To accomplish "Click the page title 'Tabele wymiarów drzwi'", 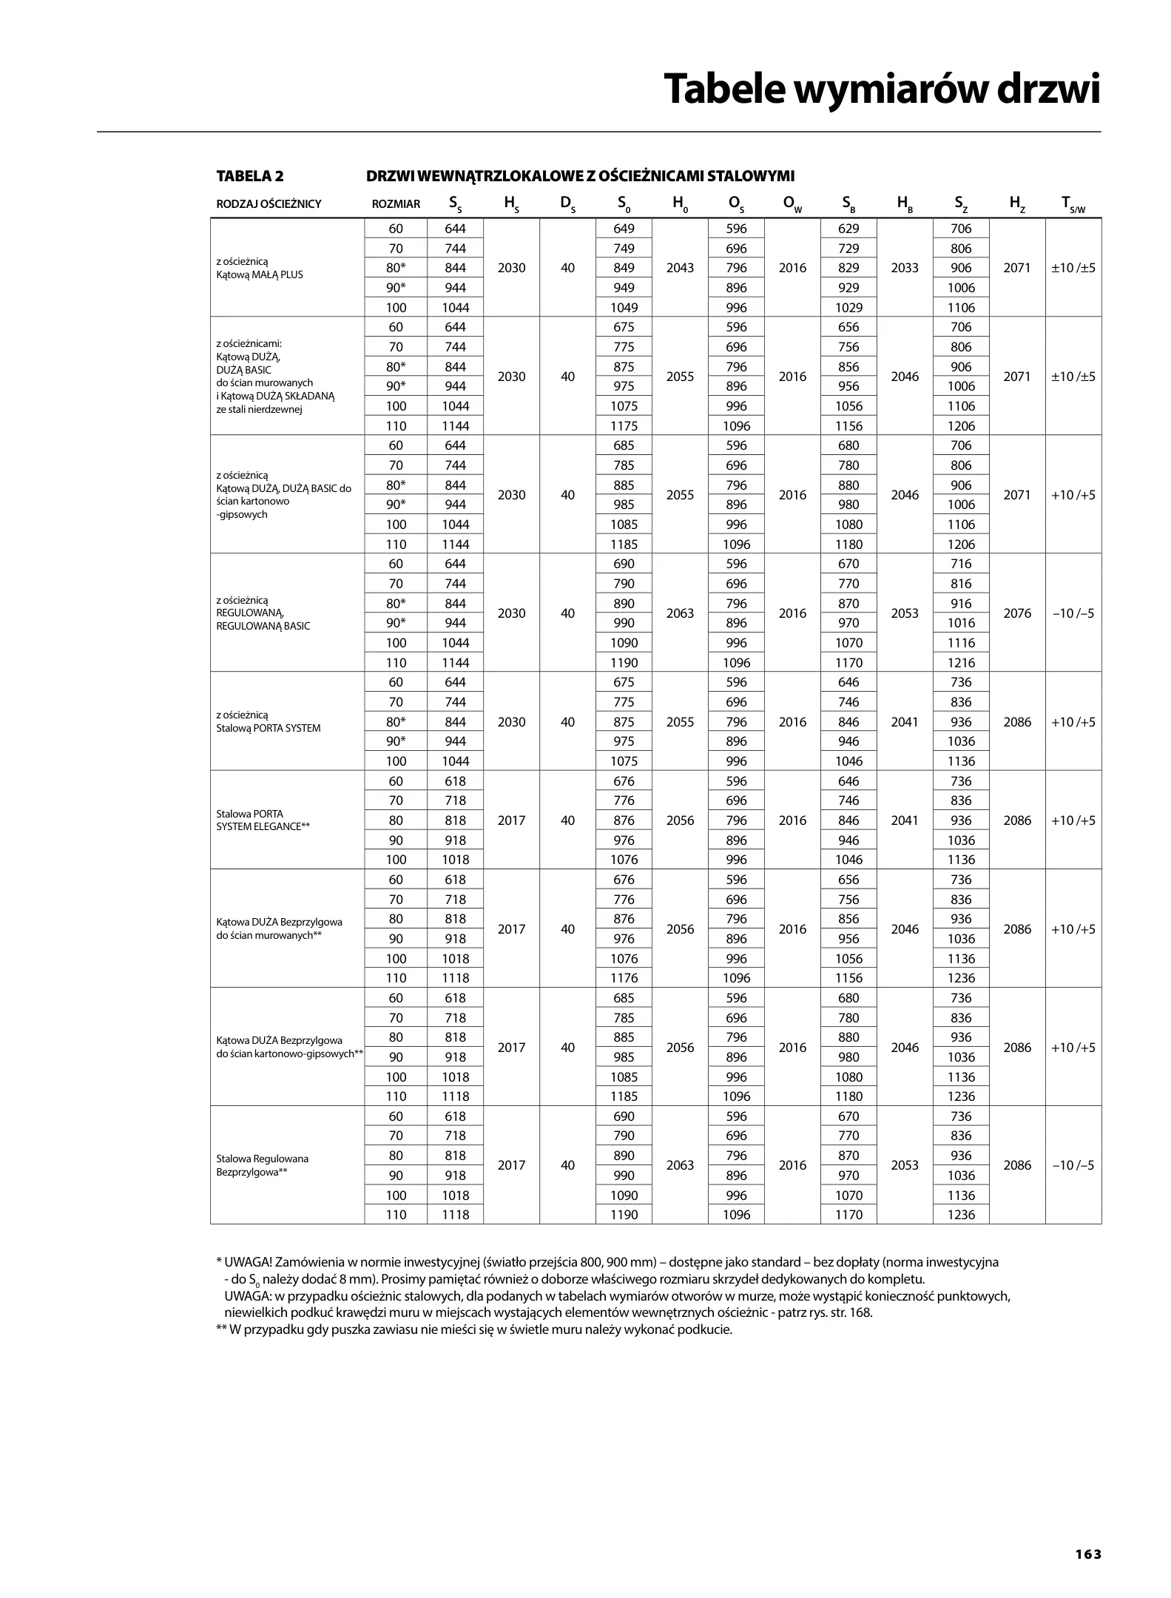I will pos(882,90).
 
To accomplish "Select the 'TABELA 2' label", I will pos(249,176).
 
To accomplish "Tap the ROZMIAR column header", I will pos(396,204).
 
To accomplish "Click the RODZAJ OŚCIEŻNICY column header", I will pos(269,204).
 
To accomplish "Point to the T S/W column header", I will pos(1073,204).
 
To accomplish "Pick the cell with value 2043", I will pos(680,268).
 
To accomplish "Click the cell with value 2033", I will pos(905,268).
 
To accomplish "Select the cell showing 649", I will pos(624,229).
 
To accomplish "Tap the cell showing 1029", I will pos(848,308).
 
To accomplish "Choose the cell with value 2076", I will pos(1017,613).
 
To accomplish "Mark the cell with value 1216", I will pos(961,663).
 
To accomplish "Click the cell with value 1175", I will pos(624,426).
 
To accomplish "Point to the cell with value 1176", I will pos(624,978).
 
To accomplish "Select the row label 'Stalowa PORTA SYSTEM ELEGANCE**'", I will pos(263,820).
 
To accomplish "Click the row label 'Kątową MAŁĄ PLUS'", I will pos(260,274).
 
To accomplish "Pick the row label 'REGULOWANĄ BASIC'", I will pos(263,626).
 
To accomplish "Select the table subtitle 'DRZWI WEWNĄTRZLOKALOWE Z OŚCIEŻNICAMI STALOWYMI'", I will pos(581,176).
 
